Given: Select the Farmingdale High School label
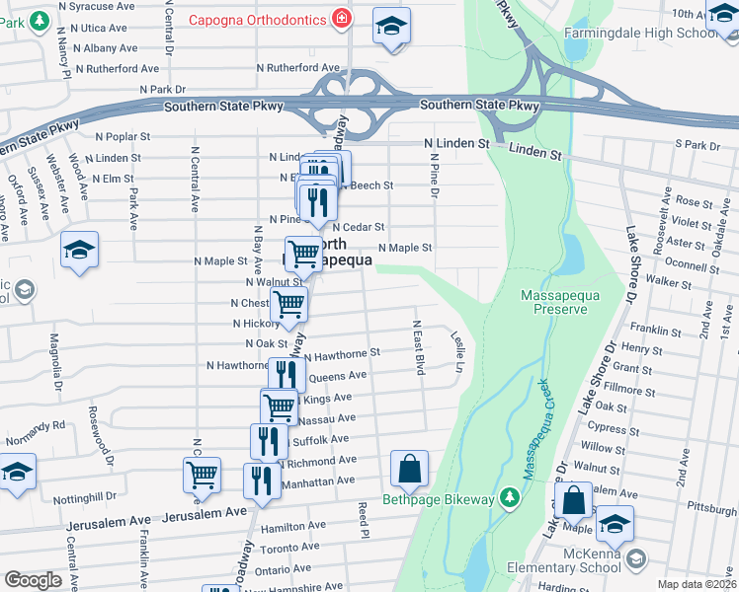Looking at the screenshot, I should click(x=640, y=34).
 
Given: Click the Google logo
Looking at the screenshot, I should click(x=33, y=580).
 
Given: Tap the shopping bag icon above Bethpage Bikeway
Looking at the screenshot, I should click(x=409, y=470).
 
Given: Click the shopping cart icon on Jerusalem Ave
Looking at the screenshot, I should click(x=203, y=475).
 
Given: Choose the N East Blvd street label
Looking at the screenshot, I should click(x=419, y=347).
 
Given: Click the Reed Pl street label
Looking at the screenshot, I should click(x=364, y=519).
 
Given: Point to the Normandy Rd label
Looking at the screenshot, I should click(x=36, y=426).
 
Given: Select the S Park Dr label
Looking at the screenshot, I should click(x=698, y=144).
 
